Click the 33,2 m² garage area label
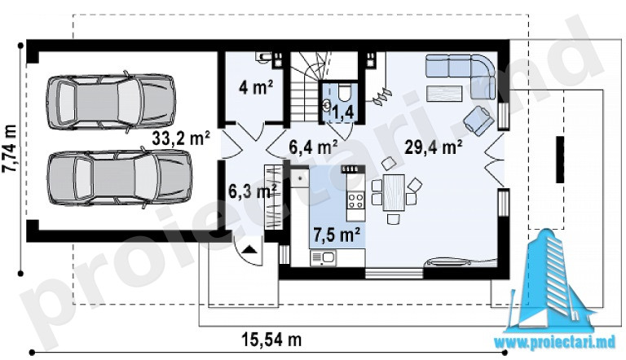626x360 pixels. click(x=181, y=138)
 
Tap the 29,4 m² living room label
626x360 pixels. click(x=434, y=147)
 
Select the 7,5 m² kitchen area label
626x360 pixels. click(x=337, y=235)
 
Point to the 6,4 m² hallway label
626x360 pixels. click(x=314, y=147)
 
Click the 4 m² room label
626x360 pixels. click(x=256, y=87)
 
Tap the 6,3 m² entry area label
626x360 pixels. click(x=253, y=191)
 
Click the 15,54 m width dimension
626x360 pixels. click(x=271, y=340)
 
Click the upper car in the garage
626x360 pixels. click(x=111, y=101)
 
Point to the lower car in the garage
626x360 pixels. click(x=119, y=178)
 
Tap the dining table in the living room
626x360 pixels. click(x=394, y=192)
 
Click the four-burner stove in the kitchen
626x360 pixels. click(x=355, y=200)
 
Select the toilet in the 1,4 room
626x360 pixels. click(x=343, y=93)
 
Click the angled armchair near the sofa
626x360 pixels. click(x=478, y=120)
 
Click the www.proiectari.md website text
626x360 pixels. click(x=555, y=342)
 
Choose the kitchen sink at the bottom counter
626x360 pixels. click(x=324, y=258)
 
